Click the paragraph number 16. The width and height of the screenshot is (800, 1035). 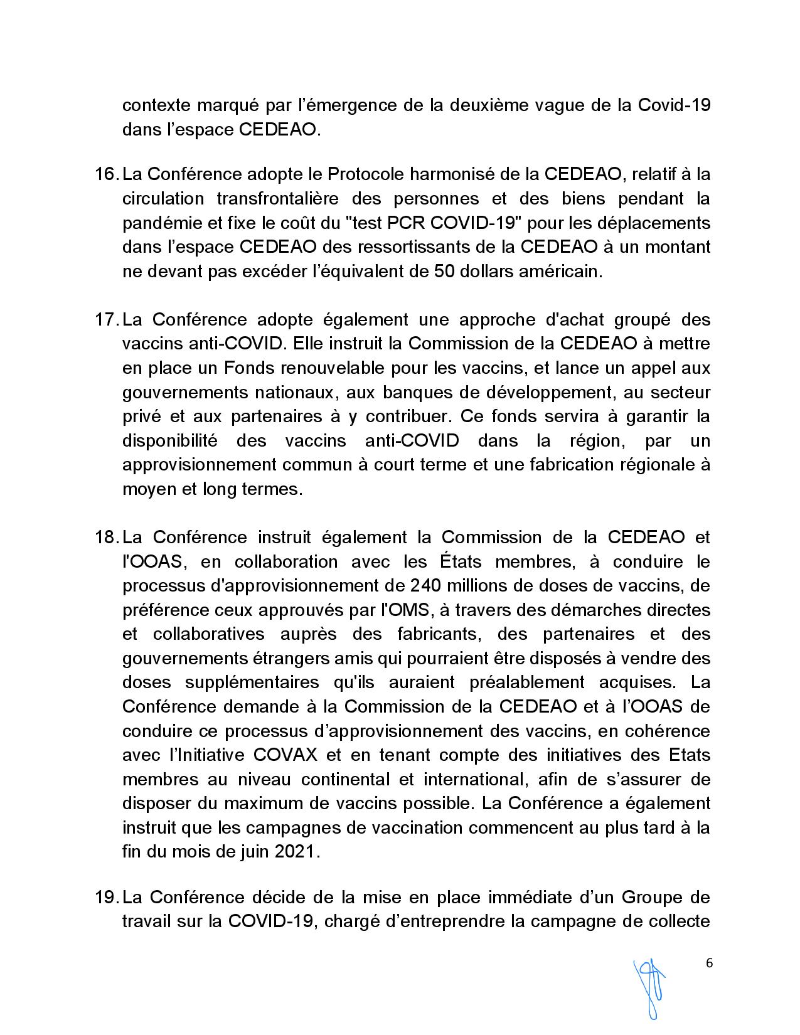[106, 174]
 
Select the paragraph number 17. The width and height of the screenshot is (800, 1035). [106, 319]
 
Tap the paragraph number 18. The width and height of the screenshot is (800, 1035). [106, 537]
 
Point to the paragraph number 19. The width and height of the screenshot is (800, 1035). [106, 898]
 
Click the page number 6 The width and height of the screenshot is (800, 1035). [710, 963]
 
